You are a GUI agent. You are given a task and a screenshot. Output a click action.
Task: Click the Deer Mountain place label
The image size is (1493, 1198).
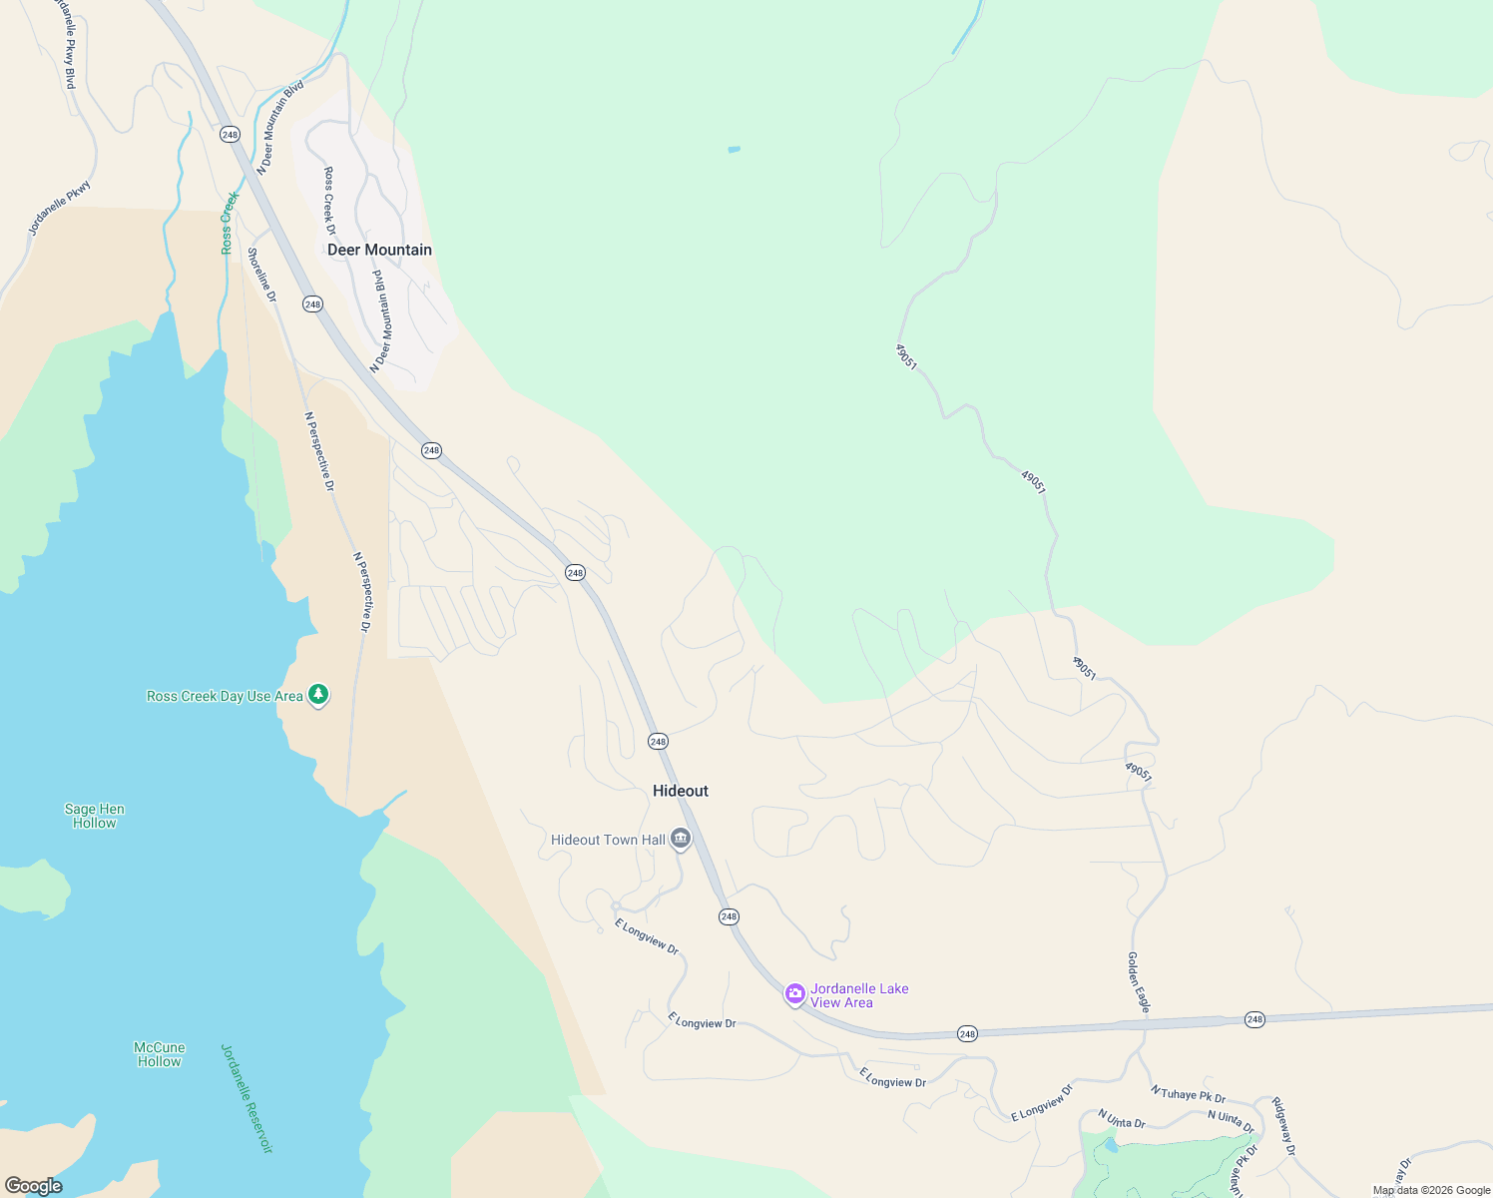tap(379, 250)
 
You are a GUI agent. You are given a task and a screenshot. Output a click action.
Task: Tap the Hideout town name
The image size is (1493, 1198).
tap(680, 791)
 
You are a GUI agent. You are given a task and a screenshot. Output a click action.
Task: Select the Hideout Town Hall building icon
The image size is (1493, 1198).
tap(681, 839)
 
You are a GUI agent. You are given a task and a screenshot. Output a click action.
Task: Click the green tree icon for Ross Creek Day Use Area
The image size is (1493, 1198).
tap(318, 695)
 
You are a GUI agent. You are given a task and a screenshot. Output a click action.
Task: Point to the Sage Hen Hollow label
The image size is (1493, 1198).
tap(95, 816)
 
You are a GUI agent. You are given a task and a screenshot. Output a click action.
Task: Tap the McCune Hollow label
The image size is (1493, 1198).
tap(160, 1054)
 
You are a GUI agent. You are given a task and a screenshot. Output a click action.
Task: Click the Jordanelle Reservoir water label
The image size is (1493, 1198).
tap(247, 1098)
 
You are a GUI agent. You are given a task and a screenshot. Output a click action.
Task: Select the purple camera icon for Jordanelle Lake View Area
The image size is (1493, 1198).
tap(795, 993)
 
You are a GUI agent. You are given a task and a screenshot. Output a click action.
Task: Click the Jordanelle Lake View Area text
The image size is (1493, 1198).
tap(858, 995)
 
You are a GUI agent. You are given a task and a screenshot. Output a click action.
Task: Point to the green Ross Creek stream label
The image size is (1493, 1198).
tap(229, 222)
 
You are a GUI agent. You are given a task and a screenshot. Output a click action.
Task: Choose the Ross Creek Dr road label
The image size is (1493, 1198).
tap(329, 201)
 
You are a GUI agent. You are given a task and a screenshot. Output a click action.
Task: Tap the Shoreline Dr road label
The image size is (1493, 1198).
tap(261, 275)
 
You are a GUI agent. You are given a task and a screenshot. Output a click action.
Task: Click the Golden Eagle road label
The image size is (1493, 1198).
tap(1139, 982)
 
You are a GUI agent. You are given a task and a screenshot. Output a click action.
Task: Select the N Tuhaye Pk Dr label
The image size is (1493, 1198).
tap(1188, 1094)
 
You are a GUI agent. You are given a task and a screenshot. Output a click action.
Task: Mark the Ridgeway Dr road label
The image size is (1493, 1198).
tap(1283, 1126)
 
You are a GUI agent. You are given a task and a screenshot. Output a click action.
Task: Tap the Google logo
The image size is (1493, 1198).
tap(34, 1186)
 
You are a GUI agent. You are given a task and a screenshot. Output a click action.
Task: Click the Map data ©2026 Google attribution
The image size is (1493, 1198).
tap(1431, 1190)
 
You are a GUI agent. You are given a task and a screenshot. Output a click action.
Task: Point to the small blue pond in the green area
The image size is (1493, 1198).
tap(734, 150)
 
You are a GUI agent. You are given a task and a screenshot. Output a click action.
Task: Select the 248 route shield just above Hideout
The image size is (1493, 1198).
tap(657, 741)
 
